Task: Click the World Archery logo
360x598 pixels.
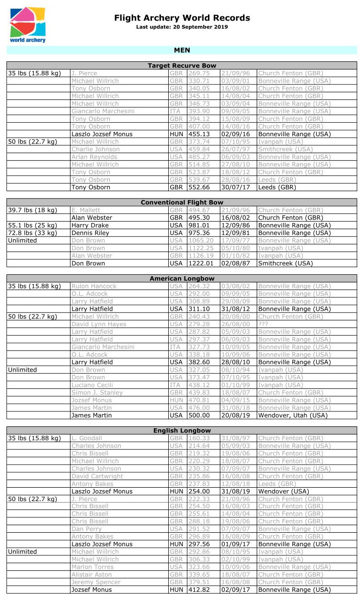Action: click(x=28, y=25)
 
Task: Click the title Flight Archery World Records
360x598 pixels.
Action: click(x=182, y=18)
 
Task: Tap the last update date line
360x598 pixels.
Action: click(x=182, y=27)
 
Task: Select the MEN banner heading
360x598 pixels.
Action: click(x=182, y=50)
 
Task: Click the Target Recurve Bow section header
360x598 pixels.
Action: click(x=182, y=66)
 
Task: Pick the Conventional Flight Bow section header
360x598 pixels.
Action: click(x=182, y=202)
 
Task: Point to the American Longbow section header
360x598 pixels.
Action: click(x=182, y=279)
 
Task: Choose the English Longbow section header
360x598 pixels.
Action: click(x=182, y=431)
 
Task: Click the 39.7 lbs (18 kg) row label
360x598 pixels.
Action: click(x=33, y=210)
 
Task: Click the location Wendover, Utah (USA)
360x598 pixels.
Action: click(x=293, y=415)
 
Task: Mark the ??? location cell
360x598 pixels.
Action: click(x=264, y=324)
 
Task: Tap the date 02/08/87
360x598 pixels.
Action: click(x=235, y=263)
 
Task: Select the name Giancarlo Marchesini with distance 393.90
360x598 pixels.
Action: click(x=103, y=111)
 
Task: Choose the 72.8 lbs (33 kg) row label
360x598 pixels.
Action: click(x=33, y=233)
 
